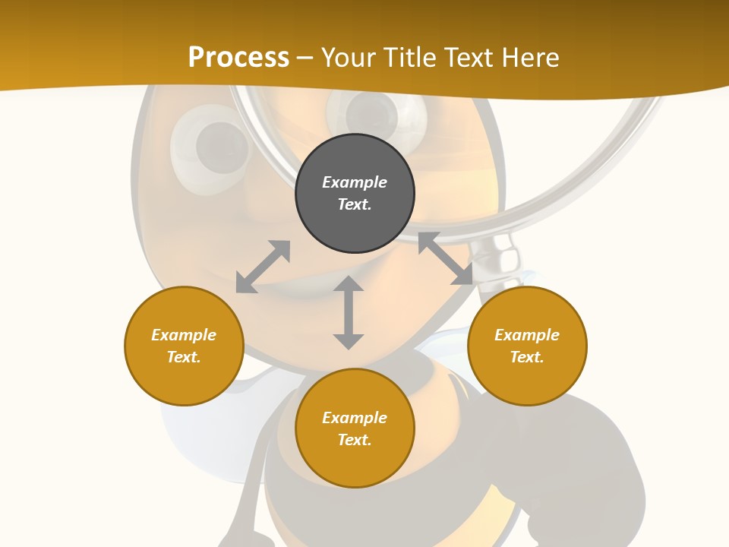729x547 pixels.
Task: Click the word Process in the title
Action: (238, 58)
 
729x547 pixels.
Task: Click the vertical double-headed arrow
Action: (349, 312)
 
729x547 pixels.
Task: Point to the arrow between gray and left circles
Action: (263, 267)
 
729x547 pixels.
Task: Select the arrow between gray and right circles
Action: (445, 258)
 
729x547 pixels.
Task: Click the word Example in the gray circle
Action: (355, 182)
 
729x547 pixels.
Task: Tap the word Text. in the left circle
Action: (184, 357)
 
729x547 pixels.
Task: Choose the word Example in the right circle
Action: (527, 335)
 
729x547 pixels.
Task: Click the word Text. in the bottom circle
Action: (355, 440)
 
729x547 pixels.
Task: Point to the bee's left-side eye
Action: (213, 147)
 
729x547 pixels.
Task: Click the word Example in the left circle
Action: (184, 335)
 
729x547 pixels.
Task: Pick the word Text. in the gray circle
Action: (355, 204)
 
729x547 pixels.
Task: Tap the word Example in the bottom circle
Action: (355, 418)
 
